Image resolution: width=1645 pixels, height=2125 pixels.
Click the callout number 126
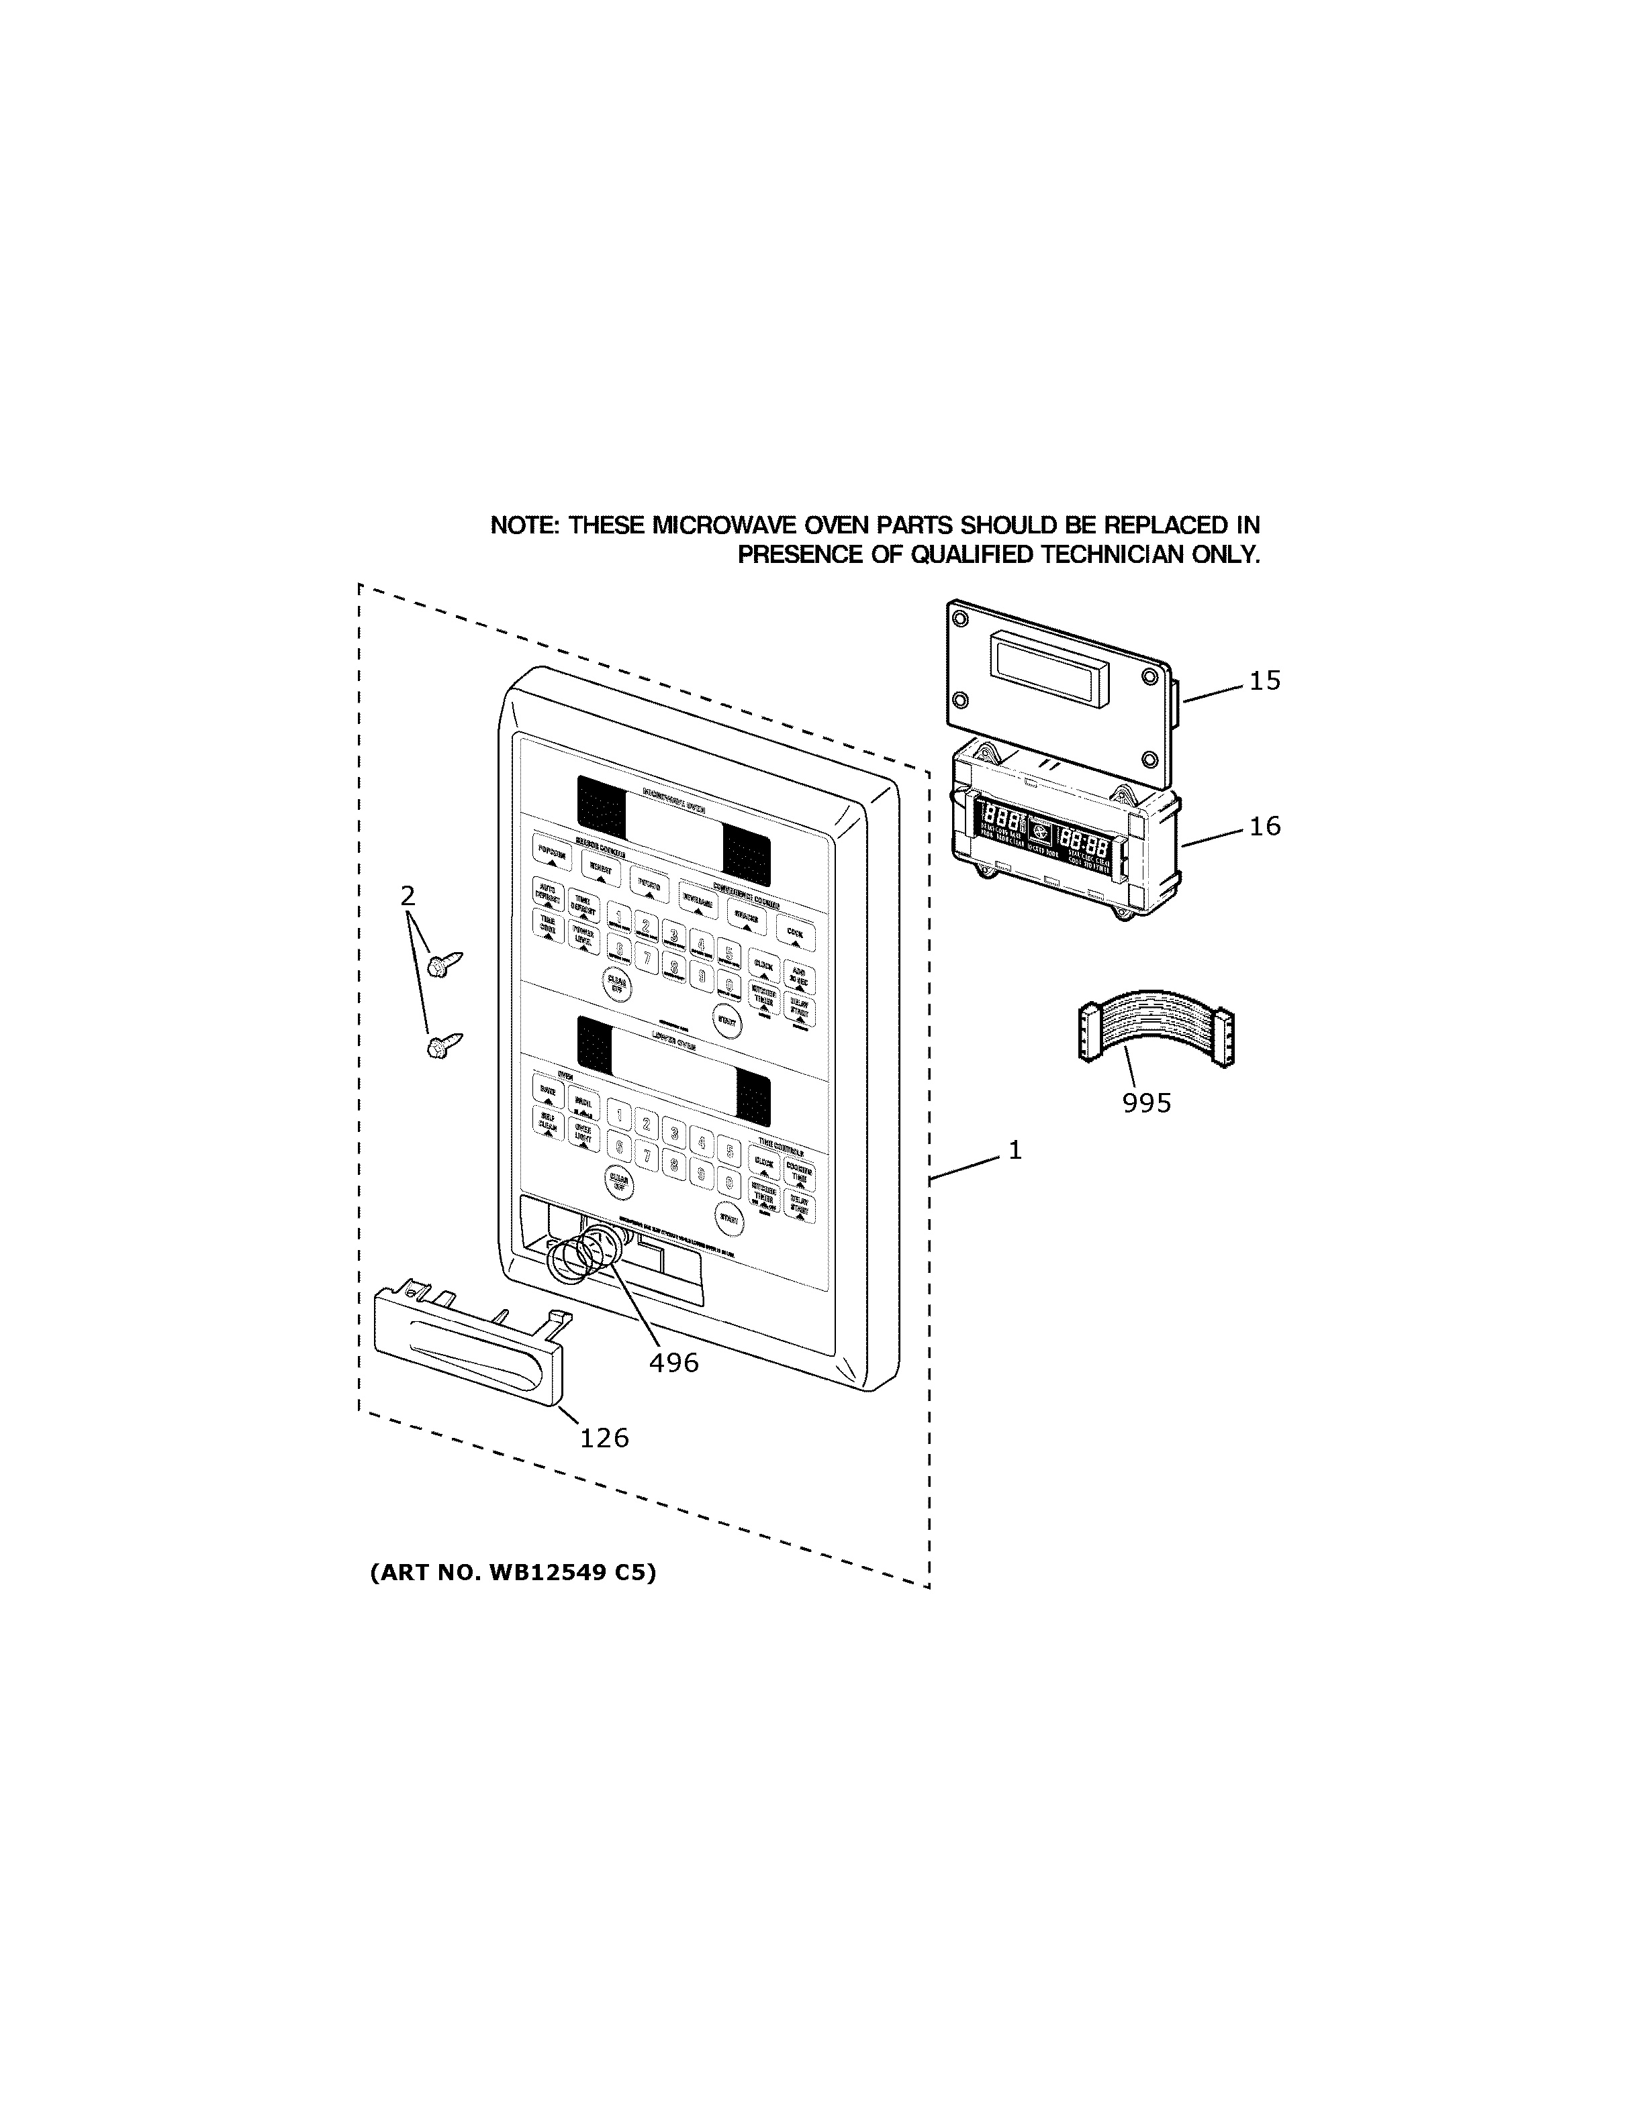click(604, 1438)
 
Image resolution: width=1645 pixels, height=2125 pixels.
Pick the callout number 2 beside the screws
click(408, 896)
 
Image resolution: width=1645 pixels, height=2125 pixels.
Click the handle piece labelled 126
click(467, 1347)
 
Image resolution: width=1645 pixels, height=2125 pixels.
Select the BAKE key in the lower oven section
click(548, 1092)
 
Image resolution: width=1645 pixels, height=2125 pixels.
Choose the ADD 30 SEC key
click(799, 977)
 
